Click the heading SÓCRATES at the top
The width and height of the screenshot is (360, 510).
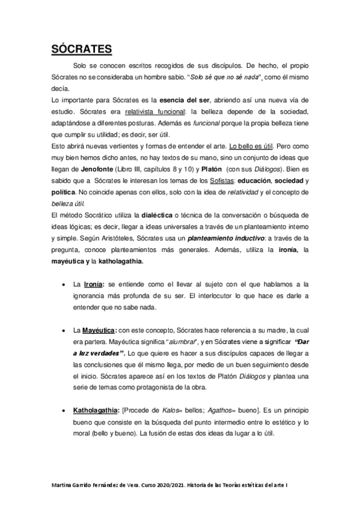point(81,48)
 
